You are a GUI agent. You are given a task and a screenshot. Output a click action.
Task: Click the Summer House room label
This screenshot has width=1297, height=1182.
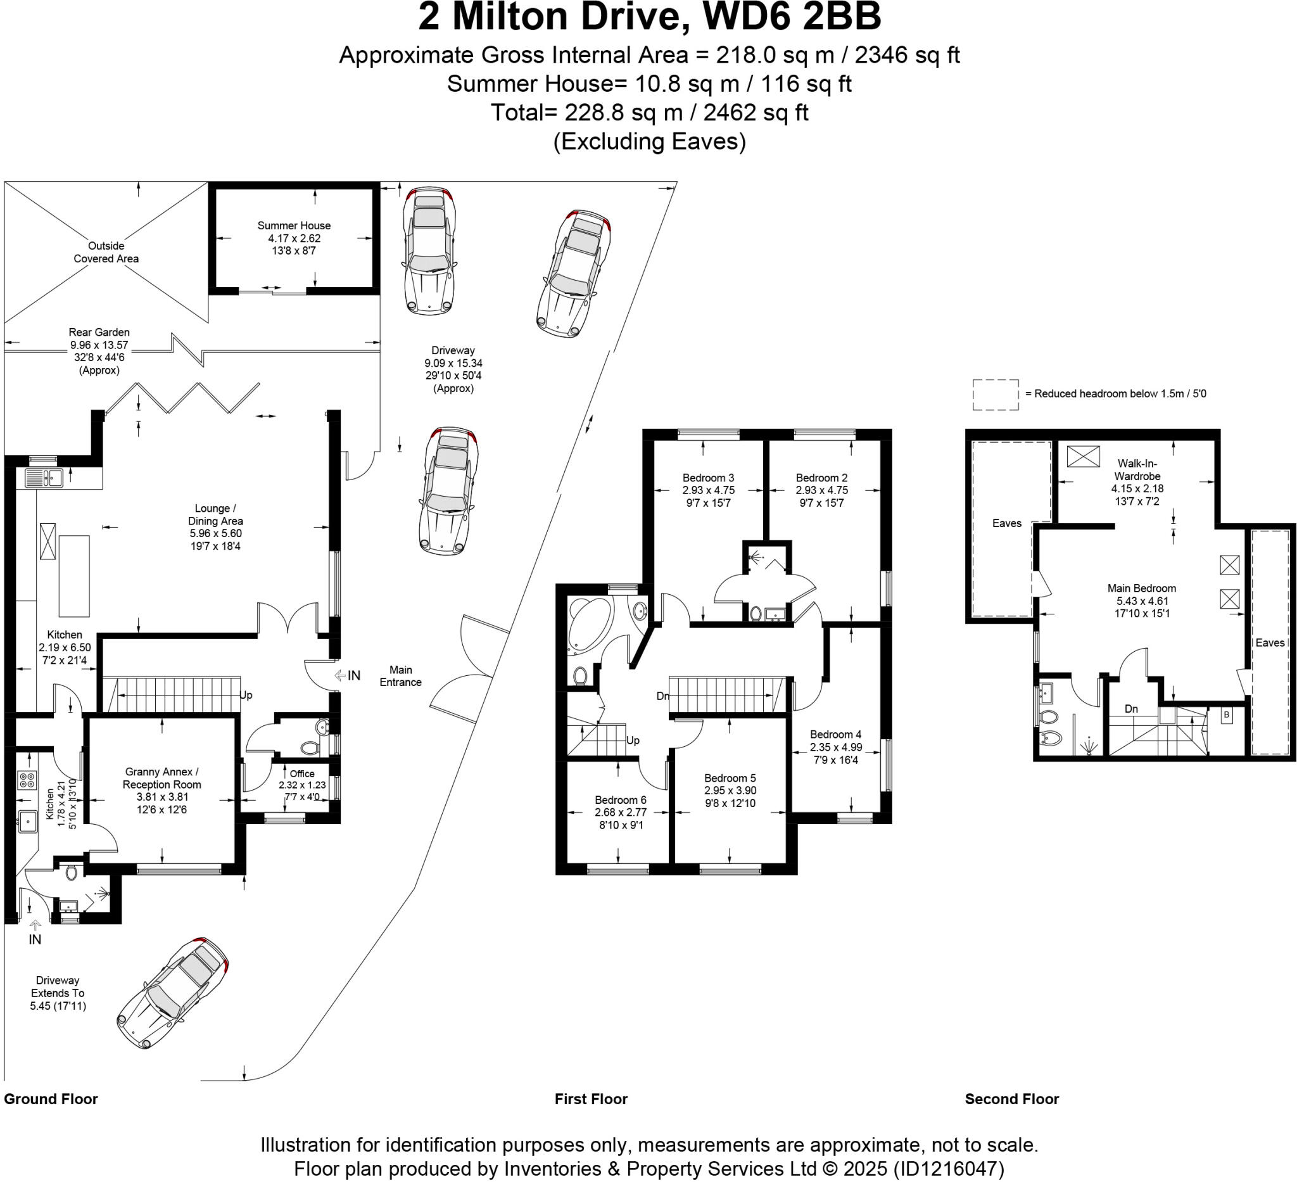coord(294,226)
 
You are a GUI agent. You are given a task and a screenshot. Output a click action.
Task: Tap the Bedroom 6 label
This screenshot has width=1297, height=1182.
coord(620,800)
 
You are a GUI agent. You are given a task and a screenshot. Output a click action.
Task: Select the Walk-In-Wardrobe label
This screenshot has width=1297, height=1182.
coord(1137,470)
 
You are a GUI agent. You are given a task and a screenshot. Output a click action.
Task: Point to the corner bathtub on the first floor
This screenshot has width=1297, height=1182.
coord(590,623)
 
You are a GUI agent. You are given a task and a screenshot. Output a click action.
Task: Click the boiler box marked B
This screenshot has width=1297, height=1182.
coord(1226,715)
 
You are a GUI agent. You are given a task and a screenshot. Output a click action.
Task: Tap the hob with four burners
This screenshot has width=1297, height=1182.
coord(27,780)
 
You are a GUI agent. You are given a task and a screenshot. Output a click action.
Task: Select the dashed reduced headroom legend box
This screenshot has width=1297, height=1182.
coord(996,395)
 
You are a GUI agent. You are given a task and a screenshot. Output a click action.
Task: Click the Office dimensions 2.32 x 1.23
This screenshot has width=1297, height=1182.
coord(301,785)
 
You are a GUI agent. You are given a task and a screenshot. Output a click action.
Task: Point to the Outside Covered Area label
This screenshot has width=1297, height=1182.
coord(106,252)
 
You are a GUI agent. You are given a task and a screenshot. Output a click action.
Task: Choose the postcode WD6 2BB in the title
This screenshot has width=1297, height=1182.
coord(792,17)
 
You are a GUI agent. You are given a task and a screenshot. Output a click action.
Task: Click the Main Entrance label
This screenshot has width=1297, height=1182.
coord(400,676)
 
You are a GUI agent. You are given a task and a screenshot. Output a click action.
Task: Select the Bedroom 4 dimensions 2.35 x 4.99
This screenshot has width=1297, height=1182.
coord(836,747)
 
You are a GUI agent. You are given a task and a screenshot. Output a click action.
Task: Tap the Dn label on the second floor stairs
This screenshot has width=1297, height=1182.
coord(1131,708)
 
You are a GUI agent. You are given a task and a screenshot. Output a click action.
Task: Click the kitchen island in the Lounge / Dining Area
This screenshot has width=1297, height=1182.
coord(74,575)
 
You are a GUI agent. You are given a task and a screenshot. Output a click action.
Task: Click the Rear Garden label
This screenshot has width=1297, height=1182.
coord(99,332)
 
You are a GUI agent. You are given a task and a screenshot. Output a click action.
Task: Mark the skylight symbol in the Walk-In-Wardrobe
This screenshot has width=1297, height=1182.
coord(1084,456)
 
